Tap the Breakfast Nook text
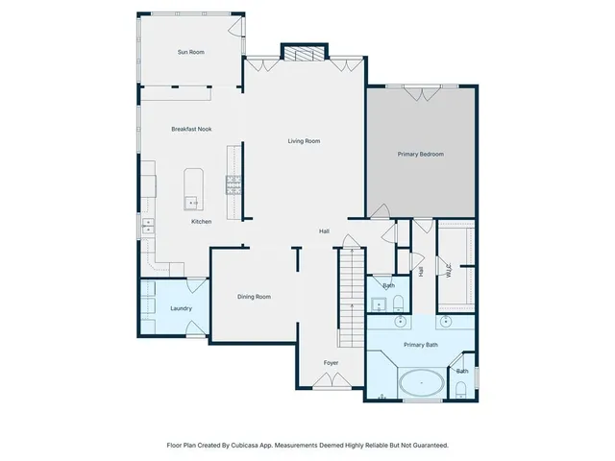coord(191,129)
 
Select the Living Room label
coord(304,141)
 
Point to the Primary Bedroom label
coord(421,154)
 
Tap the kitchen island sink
coord(192,202)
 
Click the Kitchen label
coord(201,222)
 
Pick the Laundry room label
coord(181,308)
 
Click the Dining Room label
coord(254,297)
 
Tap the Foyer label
coord(331,362)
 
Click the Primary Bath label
coord(420,344)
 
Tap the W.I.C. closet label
coord(449,270)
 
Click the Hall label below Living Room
coord(325,231)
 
